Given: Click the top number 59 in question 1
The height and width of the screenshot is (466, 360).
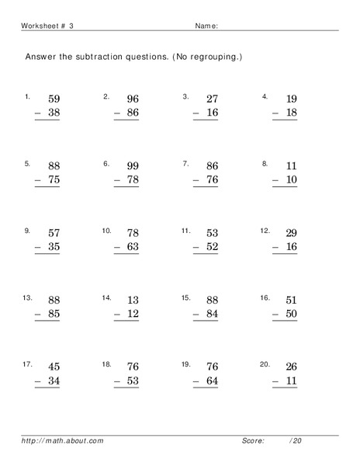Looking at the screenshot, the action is (54, 99).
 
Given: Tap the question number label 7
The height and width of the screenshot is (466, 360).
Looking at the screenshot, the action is (186, 164).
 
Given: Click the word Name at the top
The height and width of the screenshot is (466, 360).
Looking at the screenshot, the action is (204, 26).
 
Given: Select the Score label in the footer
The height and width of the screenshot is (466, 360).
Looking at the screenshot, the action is (253, 441).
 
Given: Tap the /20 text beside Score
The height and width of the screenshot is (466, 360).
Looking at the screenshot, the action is (295, 441).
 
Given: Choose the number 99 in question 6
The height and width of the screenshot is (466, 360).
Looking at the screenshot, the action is (133, 166).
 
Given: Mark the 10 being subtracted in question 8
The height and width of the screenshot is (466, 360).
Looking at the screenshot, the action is (290, 179).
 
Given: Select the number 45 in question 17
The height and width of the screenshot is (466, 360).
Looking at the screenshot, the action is (54, 367).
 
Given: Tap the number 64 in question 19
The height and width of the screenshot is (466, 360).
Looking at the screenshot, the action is (212, 381).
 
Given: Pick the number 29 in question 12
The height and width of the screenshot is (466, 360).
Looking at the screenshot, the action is (290, 233).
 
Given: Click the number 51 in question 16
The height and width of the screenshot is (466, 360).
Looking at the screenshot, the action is (290, 300).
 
